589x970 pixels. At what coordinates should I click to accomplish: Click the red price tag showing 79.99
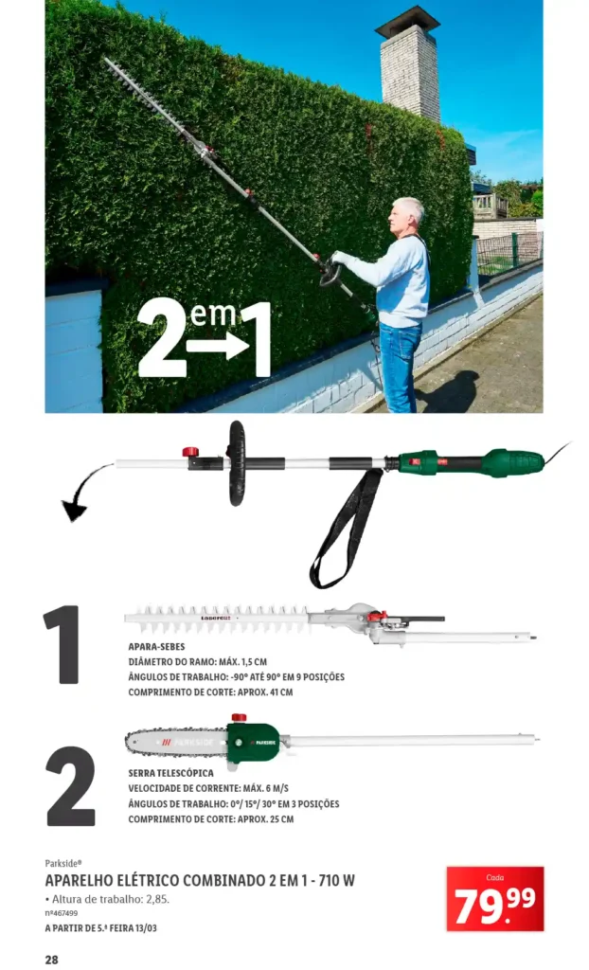[x=495, y=898]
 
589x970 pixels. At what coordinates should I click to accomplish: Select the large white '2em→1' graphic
[x=205, y=338]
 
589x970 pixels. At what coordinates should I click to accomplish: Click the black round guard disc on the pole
[x=236, y=463]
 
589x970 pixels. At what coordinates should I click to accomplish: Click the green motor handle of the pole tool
[x=473, y=462]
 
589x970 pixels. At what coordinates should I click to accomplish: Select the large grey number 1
[x=63, y=644]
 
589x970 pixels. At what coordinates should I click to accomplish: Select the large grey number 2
[x=70, y=785]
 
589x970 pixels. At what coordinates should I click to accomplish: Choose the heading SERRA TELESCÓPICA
[x=170, y=773]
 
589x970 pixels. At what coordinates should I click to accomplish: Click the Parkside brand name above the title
[x=63, y=864]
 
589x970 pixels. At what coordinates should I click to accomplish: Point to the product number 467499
[x=62, y=913]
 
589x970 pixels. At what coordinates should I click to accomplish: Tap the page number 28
[x=51, y=960]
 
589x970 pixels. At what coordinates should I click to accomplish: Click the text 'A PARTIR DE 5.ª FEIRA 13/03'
[x=100, y=928]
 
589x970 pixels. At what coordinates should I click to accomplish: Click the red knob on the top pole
[x=190, y=452]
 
